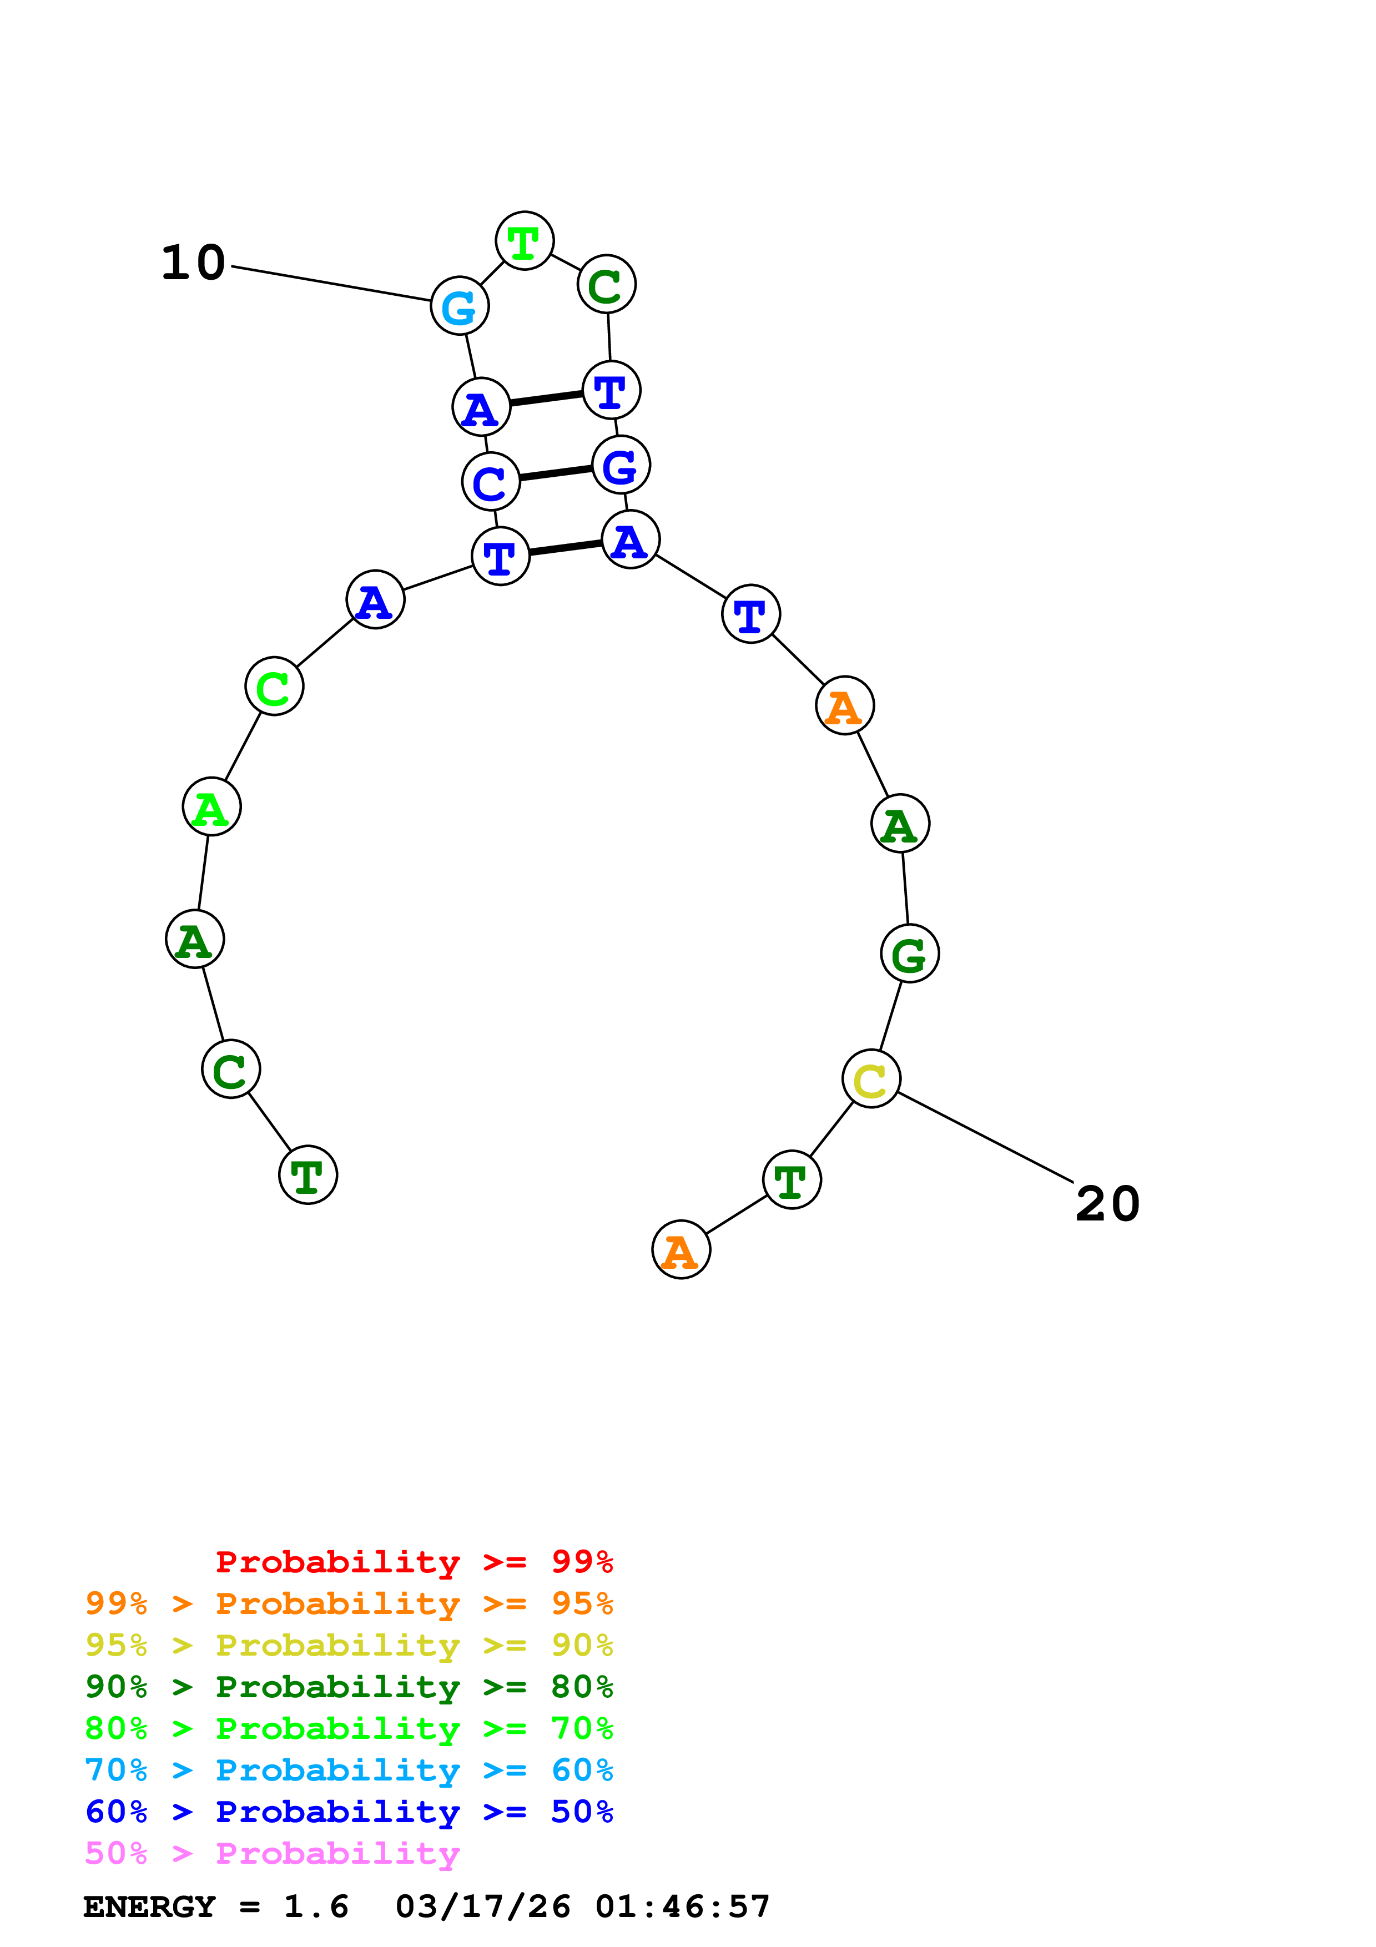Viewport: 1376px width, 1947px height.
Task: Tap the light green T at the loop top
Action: [525, 241]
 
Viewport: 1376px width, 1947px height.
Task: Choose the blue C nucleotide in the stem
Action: [490, 482]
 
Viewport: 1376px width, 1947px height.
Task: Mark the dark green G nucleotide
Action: [910, 954]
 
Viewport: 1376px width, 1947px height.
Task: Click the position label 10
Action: [193, 263]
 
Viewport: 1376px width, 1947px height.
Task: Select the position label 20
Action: [1107, 1204]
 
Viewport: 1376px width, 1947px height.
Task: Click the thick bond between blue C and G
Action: [555, 473]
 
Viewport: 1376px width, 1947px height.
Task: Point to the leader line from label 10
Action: [331, 283]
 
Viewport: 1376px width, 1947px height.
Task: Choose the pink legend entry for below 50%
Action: [271, 1854]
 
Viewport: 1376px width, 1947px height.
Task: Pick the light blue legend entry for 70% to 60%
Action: [349, 1770]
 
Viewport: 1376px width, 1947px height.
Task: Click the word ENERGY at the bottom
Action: [149, 1907]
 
